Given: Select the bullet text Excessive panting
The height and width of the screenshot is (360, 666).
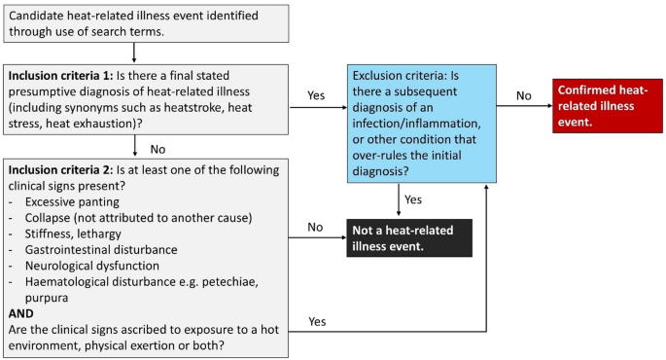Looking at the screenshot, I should (x=76, y=201).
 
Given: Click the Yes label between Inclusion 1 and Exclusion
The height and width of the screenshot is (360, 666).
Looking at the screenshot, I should (x=317, y=95).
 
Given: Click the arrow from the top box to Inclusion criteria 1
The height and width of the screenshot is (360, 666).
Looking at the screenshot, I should (x=133, y=54).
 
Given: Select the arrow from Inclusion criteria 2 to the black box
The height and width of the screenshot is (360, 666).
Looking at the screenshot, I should (x=318, y=238).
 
